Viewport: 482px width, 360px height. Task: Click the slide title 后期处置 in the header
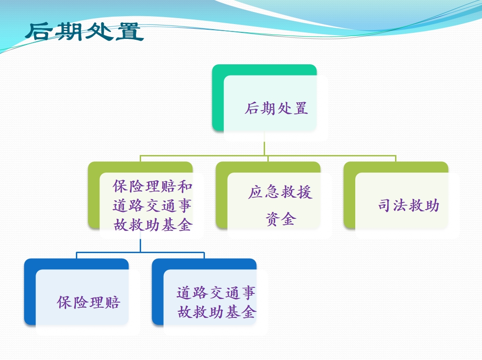[84, 31]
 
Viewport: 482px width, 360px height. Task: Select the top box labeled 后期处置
[270, 102]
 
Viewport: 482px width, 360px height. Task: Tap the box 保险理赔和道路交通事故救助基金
[146, 200]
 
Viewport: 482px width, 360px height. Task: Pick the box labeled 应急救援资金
[273, 200]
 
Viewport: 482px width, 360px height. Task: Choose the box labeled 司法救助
[402, 200]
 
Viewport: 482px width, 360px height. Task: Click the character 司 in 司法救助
[384, 205]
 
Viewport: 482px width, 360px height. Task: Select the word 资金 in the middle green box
[281, 219]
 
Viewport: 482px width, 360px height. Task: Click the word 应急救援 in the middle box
[280, 192]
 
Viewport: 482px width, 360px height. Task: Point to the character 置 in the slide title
[130, 31]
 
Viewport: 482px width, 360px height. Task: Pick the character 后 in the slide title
[39, 31]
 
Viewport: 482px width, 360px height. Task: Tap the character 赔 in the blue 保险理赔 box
[112, 302]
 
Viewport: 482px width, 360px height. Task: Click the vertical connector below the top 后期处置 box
[265, 144]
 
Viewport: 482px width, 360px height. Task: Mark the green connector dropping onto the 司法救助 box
[395, 159]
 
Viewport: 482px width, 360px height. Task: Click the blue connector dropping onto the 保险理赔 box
[76, 255]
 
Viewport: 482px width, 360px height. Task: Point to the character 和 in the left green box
[185, 186]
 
